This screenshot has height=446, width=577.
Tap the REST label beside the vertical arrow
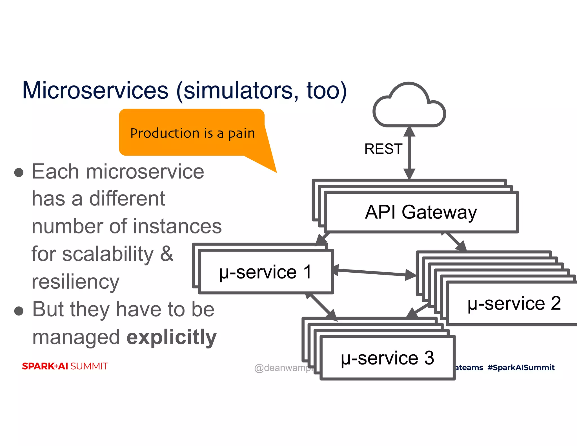383,149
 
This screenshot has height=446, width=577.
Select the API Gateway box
421,212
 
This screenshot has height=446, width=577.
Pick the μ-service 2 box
514,304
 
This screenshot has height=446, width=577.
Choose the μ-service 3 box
387,358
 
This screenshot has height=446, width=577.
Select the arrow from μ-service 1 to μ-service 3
321,307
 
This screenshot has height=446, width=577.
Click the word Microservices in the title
95,90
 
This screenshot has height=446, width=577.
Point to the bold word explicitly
172,337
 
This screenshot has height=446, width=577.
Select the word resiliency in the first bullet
76,282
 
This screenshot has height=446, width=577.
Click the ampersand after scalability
167,254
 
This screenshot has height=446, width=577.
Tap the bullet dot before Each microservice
19,173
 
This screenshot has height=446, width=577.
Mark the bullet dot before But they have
19,311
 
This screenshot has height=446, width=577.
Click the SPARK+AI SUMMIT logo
65,366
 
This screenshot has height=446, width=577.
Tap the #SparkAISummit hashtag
521,367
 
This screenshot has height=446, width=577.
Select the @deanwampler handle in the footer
283,368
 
